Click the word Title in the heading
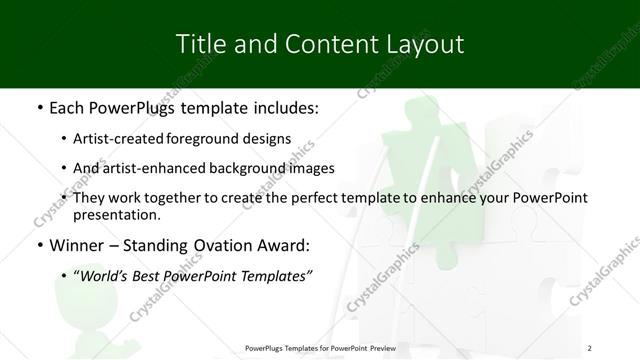(x=200, y=45)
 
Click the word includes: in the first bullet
(x=282, y=107)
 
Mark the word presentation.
(x=116, y=215)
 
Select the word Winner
(x=79, y=245)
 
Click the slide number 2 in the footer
(x=590, y=347)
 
